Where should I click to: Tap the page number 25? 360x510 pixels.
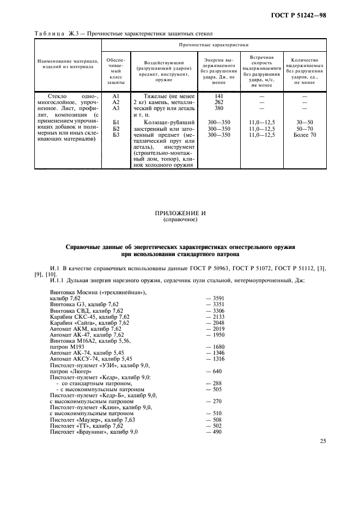pyautogui.click(x=323, y=441)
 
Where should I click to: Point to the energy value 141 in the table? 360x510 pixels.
pyautogui.click(x=219, y=96)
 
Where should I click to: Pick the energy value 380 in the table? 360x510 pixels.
pyautogui.click(x=219, y=108)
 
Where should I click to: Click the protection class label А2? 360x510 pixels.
pyautogui.click(x=115, y=102)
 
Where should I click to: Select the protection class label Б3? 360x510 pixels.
pyautogui.click(x=115, y=135)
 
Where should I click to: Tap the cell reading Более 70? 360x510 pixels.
pyautogui.click(x=304, y=135)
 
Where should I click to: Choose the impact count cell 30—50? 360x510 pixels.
pyautogui.click(x=304, y=122)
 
